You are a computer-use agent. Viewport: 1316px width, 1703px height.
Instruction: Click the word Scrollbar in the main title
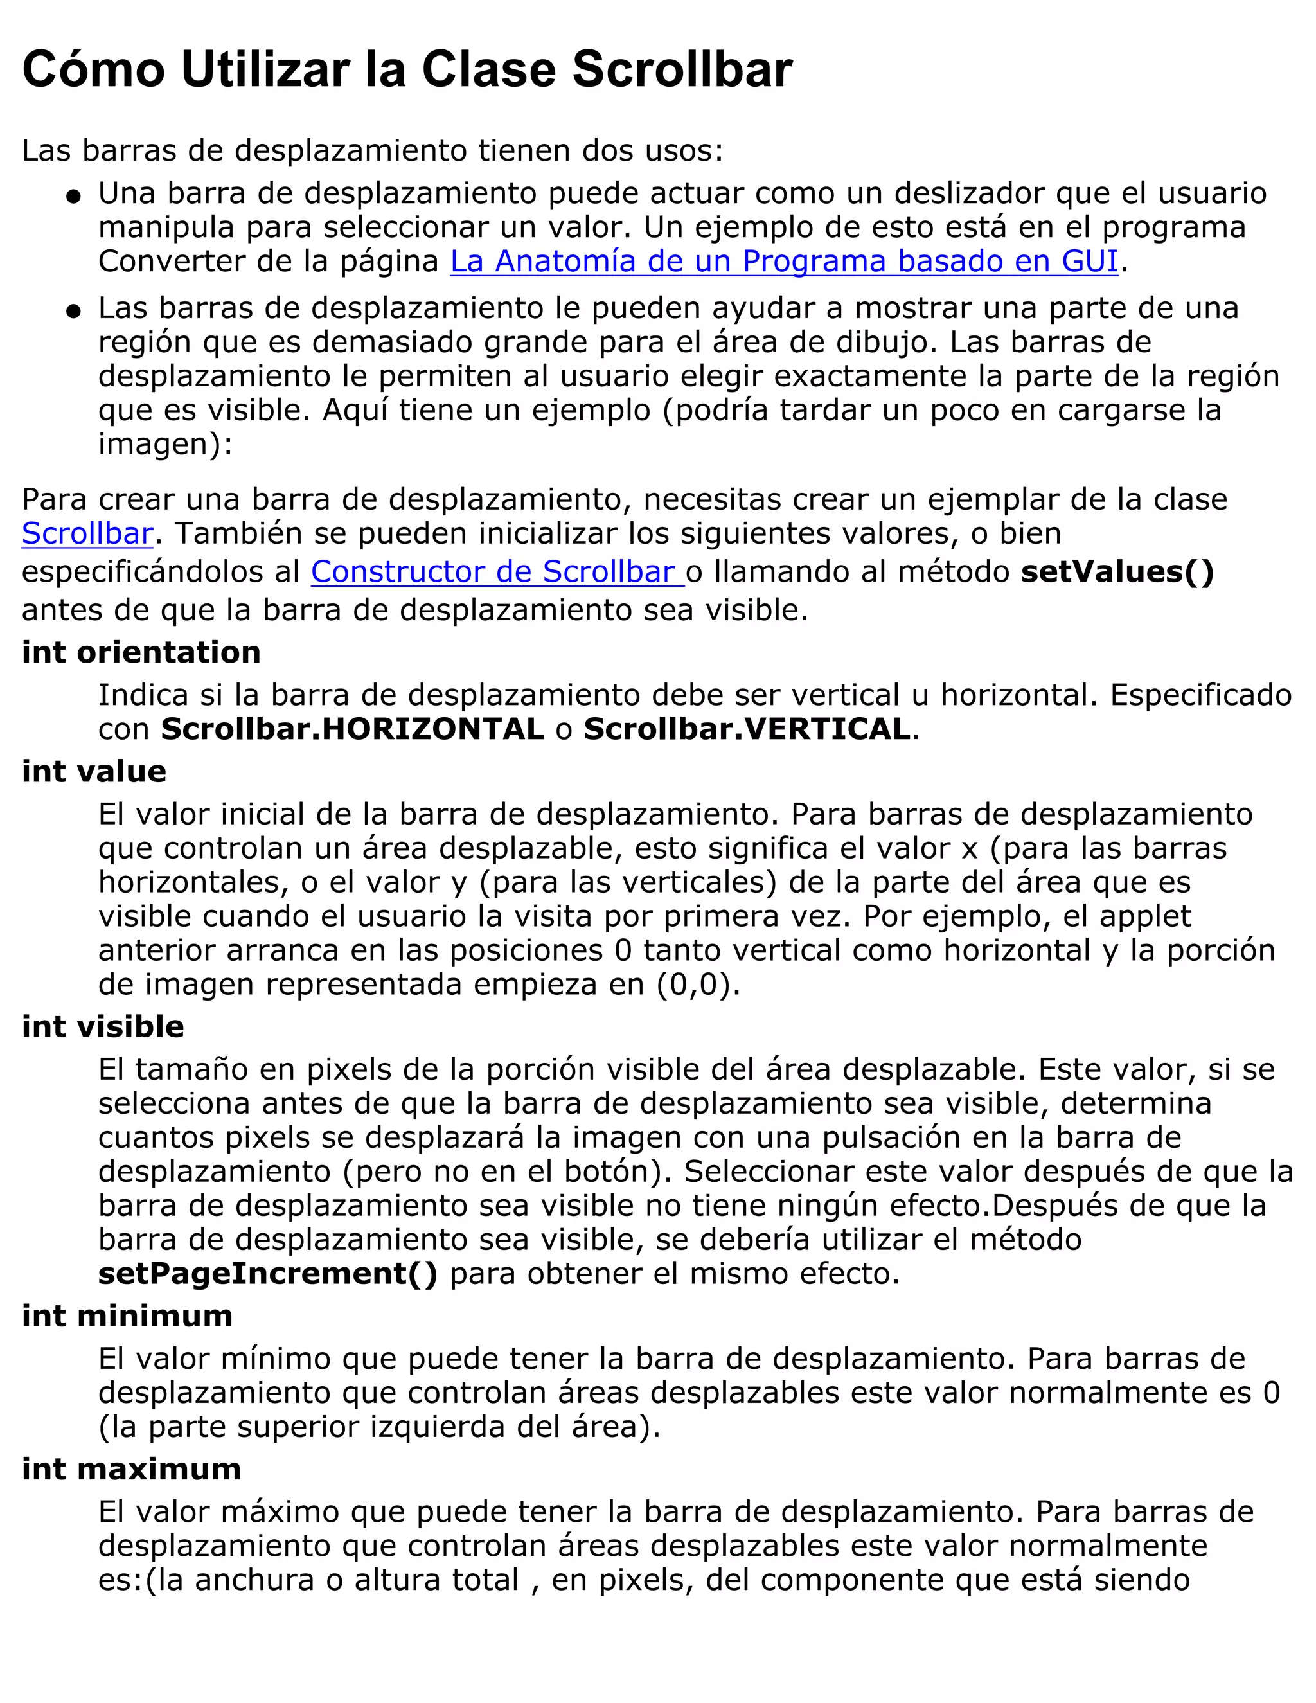[x=682, y=70]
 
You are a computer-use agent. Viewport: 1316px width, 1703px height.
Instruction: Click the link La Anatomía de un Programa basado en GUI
[x=783, y=261]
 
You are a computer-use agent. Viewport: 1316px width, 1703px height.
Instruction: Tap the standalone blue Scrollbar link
[x=87, y=534]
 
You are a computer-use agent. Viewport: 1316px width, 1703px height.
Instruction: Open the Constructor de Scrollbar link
[x=496, y=573]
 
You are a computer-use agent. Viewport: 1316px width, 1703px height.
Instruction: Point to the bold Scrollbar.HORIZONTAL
[x=352, y=730]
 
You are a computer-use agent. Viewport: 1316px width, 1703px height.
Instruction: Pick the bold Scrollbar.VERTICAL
[x=747, y=730]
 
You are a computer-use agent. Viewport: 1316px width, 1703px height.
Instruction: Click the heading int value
[x=94, y=772]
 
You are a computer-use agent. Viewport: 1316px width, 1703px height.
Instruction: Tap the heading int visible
[x=103, y=1027]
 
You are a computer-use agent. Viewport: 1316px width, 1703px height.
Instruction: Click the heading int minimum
[x=127, y=1316]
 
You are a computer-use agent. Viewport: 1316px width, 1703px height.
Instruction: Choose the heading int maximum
[x=131, y=1469]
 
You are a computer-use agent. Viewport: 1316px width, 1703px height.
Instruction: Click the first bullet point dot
[x=73, y=197]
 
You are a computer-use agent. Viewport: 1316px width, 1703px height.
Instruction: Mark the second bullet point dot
[x=73, y=312]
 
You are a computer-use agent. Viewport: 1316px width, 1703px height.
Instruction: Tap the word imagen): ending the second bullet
[x=164, y=445]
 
